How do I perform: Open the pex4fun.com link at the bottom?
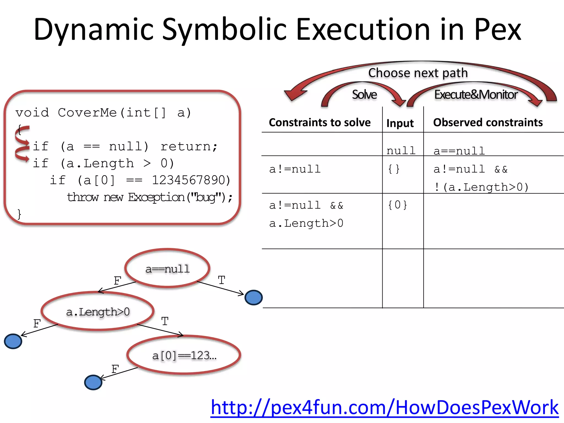click(384, 408)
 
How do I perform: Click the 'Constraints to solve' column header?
click(320, 123)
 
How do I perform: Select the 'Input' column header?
click(400, 123)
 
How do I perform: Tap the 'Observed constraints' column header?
click(488, 123)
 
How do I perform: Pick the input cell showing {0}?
click(397, 205)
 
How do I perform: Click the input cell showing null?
click(401, 151)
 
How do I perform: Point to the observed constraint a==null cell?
click(459, 151)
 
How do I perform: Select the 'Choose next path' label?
click(418, 73)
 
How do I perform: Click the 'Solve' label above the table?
click(364, 94)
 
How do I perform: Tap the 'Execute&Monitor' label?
click(476, 94)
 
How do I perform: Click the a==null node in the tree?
click(167, 269)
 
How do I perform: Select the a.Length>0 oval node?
click(98, 311)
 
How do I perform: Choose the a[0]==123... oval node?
click(184, 355)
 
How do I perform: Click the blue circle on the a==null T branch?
click(254, 298)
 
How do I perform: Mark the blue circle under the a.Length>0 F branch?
click(13, 341)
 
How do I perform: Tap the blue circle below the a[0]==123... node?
click(93, 383)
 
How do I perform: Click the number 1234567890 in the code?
click(191, 180)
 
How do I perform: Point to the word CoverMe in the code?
click(87, 113)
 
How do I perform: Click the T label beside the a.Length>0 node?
click(165, 321)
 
